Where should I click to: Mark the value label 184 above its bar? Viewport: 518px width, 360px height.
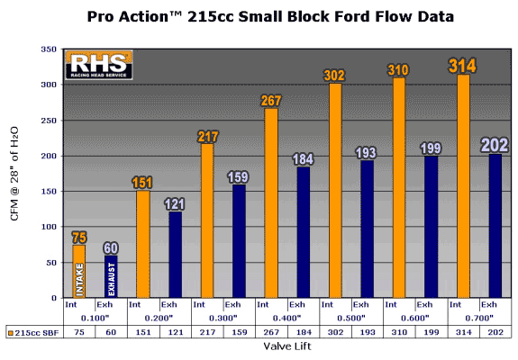303,159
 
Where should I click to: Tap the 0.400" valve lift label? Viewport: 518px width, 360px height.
287,318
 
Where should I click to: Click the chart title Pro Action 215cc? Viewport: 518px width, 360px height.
270,16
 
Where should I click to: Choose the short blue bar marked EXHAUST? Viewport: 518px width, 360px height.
111,276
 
